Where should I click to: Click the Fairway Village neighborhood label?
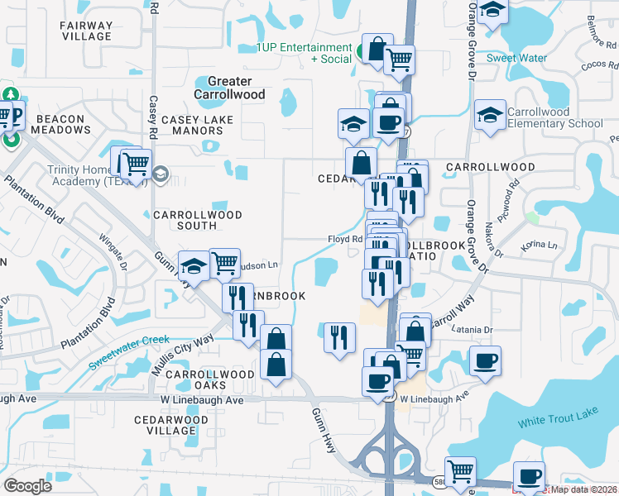[x=86, y=31]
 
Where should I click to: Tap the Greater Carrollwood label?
[x=229, y=88]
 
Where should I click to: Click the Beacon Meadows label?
[x=60, y=124]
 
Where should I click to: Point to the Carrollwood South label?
[x=198, y=221]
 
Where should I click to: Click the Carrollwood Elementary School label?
[x=555, y=118]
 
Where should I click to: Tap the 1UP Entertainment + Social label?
[x=304, y=53]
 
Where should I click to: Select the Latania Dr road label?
[x=473, y=330]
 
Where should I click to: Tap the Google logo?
[x=28, y=486]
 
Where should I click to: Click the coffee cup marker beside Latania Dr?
[x=485, y=360]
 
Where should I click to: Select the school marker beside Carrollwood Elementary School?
[x=490, y=115]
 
